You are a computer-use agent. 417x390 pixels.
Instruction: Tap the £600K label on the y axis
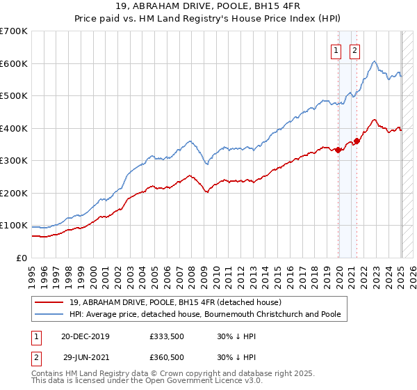coord(13,63)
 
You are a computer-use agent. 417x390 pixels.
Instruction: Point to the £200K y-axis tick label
coord(13,193)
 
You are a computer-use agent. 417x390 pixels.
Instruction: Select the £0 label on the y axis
coord(21,258)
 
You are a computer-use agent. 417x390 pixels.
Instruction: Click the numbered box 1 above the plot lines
coord(336,49)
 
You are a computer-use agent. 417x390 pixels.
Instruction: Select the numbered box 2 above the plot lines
coord(355,49)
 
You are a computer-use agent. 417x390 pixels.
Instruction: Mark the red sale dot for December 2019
coord(338,150)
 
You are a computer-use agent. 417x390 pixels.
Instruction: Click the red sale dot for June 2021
coord(357,141)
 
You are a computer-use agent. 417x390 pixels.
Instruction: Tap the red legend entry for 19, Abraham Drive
coord(174,302)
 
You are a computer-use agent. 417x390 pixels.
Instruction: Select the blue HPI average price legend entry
coord(205,314)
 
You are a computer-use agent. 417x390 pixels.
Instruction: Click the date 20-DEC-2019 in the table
coord(85,336)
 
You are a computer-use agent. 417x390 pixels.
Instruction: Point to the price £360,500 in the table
coord(167,357)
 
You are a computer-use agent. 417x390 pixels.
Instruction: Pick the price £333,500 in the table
coord(167,336)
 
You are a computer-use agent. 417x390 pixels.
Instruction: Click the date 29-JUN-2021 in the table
coord(85,357)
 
